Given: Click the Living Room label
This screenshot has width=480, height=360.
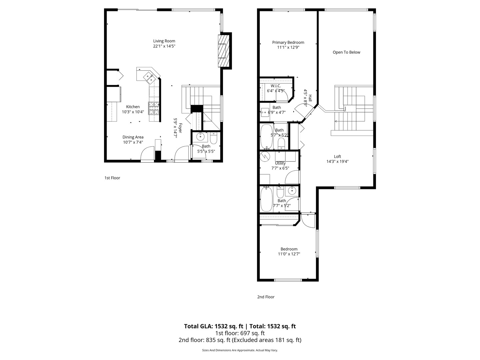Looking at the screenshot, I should coord(164,41).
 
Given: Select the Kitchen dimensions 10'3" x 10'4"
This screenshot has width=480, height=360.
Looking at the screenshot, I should coord(133,112).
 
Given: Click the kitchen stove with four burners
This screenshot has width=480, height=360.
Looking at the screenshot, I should coord(154,108).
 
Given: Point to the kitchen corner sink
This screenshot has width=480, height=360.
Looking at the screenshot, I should coord(149,77).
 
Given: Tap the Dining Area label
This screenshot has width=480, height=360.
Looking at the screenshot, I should coord(133,137).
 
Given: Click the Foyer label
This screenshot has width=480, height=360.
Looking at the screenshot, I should coord(180,128).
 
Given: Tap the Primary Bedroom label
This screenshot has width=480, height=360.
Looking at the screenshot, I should coord(288,42).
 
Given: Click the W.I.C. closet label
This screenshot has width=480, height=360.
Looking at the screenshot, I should coord(276,86).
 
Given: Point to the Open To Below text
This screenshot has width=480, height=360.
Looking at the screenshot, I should coord(346,52).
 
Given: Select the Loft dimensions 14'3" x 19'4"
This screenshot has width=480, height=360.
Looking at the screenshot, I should coord(337,162).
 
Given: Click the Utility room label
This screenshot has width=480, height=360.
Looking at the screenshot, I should coord(280,163).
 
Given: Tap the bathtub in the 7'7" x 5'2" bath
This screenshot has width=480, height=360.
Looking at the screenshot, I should coord(266,199).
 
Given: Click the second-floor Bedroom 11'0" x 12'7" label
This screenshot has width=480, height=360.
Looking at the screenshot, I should coord(289,249).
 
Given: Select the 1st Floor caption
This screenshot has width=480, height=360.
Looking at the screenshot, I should coord(112,178).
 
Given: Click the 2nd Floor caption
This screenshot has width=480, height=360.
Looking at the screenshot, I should coord(266,297).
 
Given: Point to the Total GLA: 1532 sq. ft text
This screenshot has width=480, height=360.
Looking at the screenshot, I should coord(213,326).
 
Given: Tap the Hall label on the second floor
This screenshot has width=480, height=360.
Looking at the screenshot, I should coord(310,98).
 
